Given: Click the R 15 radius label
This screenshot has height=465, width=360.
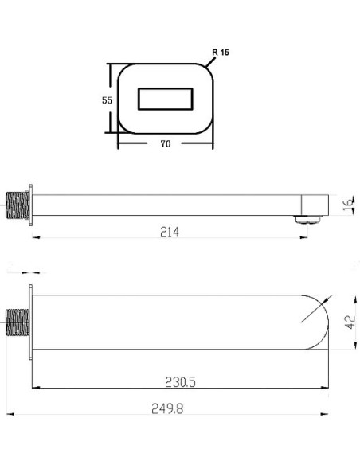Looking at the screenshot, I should [x=219, y=53].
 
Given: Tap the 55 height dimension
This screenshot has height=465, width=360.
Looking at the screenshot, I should [x=106, y=100].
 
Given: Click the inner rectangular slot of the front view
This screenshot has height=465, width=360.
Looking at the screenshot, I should [x=166, y=100].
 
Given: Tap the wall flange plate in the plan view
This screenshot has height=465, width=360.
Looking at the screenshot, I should [x=31, y=322].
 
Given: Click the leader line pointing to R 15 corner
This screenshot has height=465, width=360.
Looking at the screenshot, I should [x=209, y=61].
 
